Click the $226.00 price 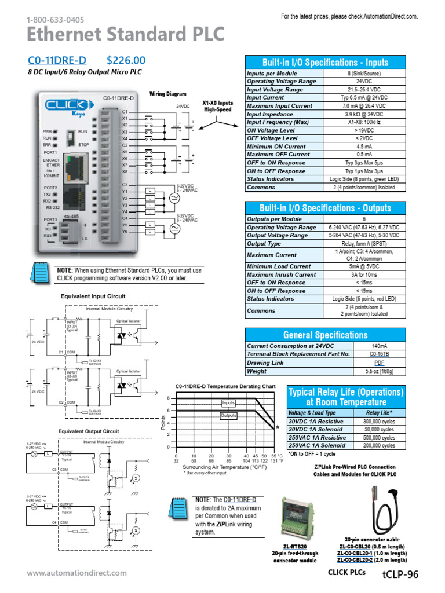[x=126, y=60]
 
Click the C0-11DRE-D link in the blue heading [x=57, y=60]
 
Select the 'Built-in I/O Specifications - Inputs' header [x=325, y=63]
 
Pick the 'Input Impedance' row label [x=271, y=114]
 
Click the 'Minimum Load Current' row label [x=279, y=266]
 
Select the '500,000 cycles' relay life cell [x=380, y=438]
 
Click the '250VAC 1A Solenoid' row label [x=317, y=446]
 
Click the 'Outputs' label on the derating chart [x=229, y=415]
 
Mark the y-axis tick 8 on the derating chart [x=169, y=398]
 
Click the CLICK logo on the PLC [x=67, y=105]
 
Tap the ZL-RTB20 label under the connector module [x=295, y=546]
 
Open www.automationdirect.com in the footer [x=76, y=573]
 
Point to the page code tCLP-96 [x=400, y=574]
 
